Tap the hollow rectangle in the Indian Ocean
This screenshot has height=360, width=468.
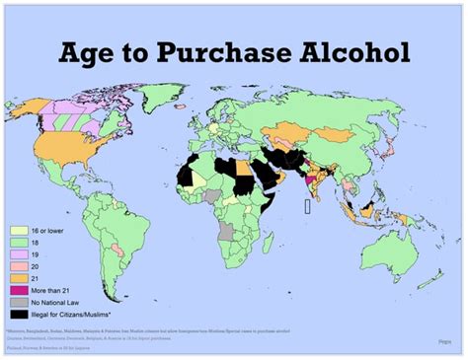coord(308,207)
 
